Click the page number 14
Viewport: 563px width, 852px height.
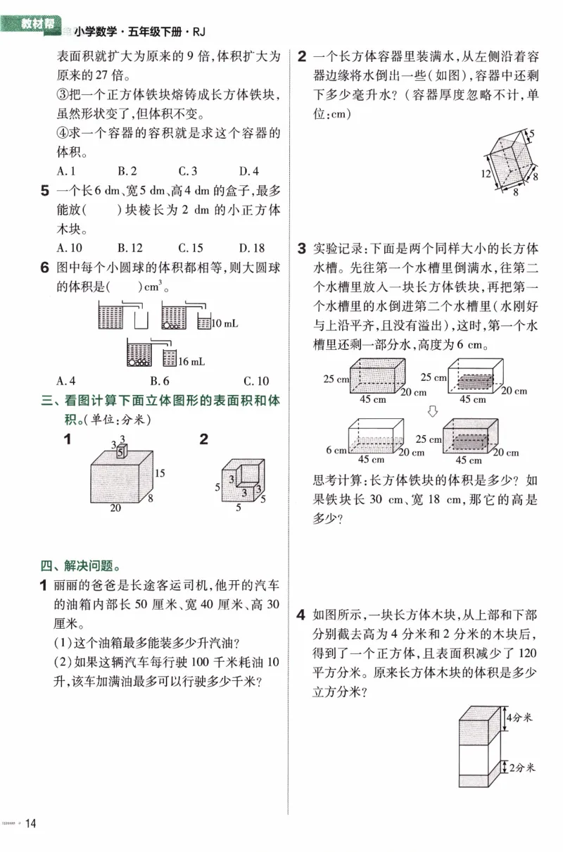31,822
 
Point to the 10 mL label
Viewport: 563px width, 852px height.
225,323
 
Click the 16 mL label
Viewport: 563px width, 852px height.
191,361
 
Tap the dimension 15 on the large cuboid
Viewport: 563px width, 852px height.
160,473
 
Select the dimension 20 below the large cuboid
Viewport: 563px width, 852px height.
115,508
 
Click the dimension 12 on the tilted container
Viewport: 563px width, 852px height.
486,173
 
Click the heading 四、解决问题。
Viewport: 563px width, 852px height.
80,565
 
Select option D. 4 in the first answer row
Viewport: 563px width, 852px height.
248,170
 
